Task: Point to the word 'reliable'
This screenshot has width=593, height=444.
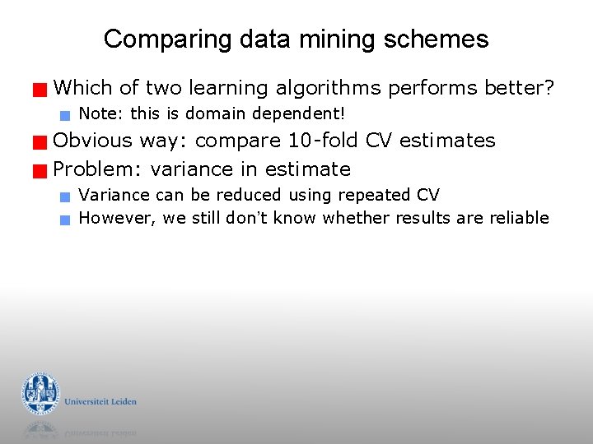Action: [x=518, y=218]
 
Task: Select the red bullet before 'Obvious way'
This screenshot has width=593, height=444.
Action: [x=39, y=142]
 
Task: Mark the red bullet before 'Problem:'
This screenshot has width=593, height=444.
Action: [x=39, y=171]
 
